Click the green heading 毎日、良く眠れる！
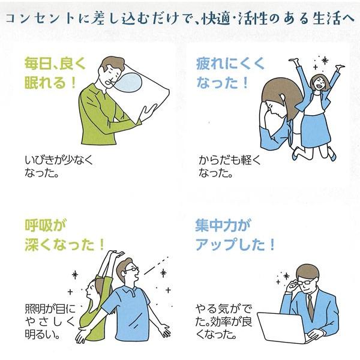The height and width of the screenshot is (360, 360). pyautogui.click(x=55, y=73)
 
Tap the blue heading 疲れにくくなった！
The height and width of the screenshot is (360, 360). pyautogui.click(x=230, y=73)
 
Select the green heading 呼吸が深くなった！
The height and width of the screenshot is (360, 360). pyautogui.click(x=65, y=235)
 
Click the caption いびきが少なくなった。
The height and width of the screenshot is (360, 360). pyautogui.click(x=59, y=166)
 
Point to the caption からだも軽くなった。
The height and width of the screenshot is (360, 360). pyautogui.click(x=230, y=166)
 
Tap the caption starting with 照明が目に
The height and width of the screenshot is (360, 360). pyautogui.click(x=50, y=322)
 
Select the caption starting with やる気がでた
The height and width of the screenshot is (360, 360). pyautogui.click(x=224, y=322)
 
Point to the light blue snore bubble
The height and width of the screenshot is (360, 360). pyautogui.click(x=128, y=82)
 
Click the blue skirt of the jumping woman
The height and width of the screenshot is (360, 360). pyautogui.click(x=315, y=130)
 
